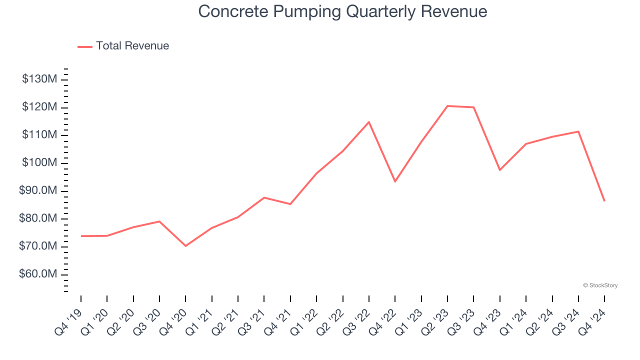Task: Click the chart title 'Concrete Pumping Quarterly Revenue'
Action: click(x=342, y=11)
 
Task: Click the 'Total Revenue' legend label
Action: click(x=132, y=46)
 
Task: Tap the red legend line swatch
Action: click(x=85, y=46)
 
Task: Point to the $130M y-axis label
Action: click(x=39, y=79)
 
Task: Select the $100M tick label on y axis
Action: click(x=39, y=163)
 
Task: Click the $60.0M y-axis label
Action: click(x=38, y=274)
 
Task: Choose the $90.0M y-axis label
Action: click(x=38, y=191)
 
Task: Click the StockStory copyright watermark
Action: click(x=600, y=285)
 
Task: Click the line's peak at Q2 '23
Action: click(x=447, y=106)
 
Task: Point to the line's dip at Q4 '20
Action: click(x=185, y=246)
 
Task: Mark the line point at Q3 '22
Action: click(x=369, y=122)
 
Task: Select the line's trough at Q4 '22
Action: click(x=395, y=181)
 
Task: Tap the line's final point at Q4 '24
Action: click(x=604, y=201)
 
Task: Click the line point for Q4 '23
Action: click(x=500, y=170)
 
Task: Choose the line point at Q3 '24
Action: click(x=578, y=131)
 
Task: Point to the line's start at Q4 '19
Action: click(x=81, y=236)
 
